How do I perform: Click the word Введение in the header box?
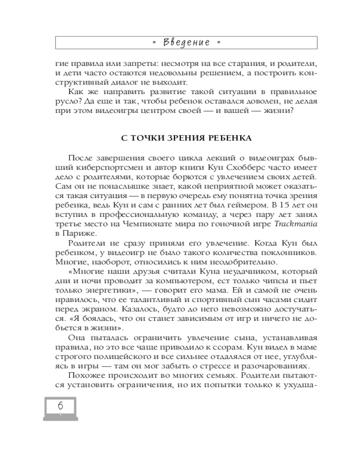click(x=186, y=43)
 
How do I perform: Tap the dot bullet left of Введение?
click(x=154, y=43)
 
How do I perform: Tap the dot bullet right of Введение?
click(x=219, y=43)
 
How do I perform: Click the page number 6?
click(x=60, y=406)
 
